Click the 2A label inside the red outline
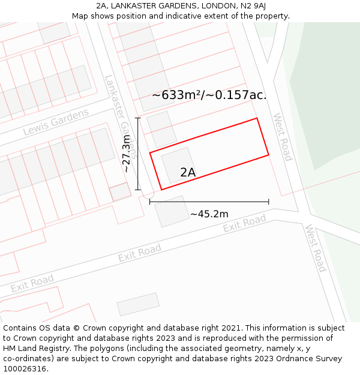coord(188,173)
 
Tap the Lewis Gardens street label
coord(55,122)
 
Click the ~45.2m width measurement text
coord(209,214)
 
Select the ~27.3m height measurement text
coord(126,154)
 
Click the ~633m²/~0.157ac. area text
coord(209,95)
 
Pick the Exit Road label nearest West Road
coord(244,224)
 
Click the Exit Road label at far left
coord(32,283)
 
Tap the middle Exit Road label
coord(139,253)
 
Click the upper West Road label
coord(282,137)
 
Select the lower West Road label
coord(314,248)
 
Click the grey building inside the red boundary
coord(179,164)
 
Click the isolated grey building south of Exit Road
coord(138,304)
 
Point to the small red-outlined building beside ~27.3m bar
coord(120,192)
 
